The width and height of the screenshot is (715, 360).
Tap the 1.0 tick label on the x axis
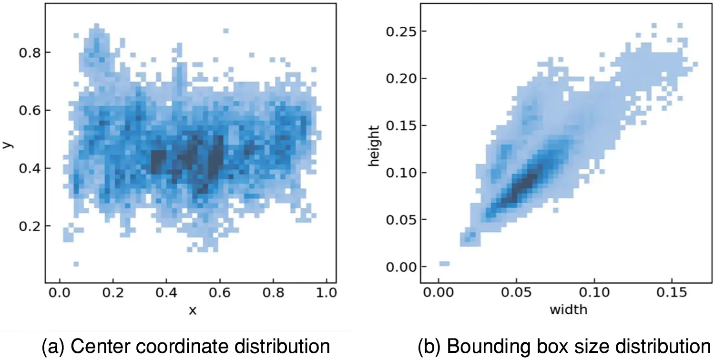coord(327,291)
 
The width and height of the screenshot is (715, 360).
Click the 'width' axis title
coord(568,310)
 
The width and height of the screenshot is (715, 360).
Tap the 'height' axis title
coord(375,146)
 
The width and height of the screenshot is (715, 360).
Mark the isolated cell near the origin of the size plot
coord(444,264)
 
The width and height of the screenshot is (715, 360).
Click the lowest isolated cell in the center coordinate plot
coord(76,264)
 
